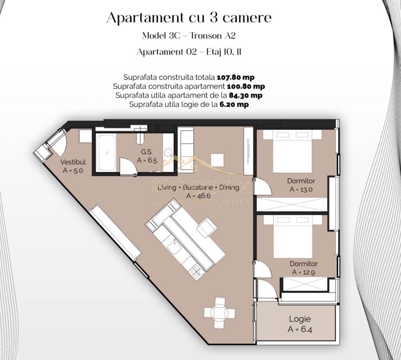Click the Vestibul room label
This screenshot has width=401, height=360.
coord(73,162)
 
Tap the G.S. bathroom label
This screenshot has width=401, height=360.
coord(147,153)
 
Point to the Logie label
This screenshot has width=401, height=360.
coord(300,319)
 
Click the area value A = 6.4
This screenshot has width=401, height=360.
coord(300,329)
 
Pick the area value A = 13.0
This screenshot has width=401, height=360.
coord(301,189)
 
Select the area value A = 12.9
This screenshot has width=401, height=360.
coord(303,272)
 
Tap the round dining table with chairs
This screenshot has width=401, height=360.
coord(219,312)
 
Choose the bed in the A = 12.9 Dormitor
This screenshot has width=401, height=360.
coord(292,237)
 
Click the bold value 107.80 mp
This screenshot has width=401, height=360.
coord(235,77)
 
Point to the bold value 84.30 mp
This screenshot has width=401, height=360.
coord(246,96)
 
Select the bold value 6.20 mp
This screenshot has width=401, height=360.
coord(234,105)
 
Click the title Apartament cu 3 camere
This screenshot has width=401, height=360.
coord(189,17)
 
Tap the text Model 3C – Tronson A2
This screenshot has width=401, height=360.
coord(189,36)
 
